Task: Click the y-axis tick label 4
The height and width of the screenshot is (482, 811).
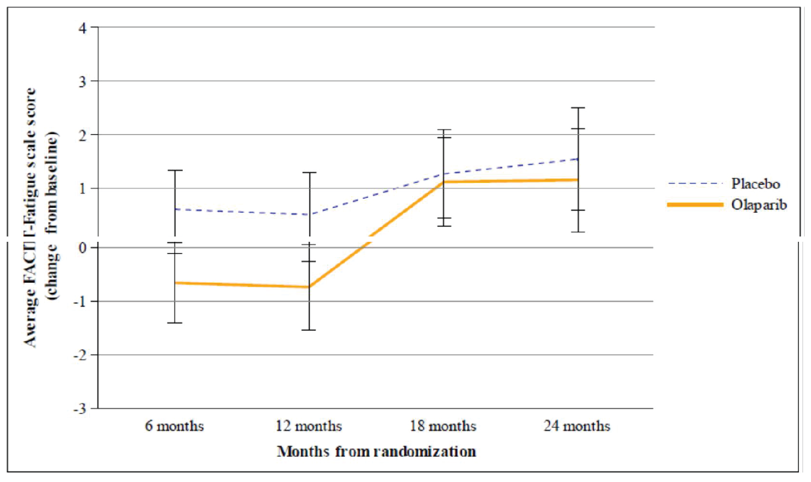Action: click(x=82, y=28)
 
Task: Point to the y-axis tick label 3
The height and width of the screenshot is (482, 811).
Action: click(x=82, y=82)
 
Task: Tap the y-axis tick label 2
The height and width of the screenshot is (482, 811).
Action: click(x=82, y=135)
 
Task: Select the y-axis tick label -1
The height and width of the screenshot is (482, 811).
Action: click(x=80, y=301)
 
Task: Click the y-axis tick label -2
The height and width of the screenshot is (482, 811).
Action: click(x=80, y=355)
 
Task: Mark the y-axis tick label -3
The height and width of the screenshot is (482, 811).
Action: click(x=80, y=409)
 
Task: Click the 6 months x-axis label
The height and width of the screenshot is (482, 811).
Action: click(x=174, y=426)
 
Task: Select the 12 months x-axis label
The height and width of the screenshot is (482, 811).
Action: click(x=308, y=426)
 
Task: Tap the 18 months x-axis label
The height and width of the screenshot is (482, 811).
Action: click(x=443, y=426)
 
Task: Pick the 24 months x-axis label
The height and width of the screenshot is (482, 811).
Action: click(x=577, y=426)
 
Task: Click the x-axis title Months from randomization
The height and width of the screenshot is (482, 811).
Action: click(x=376, y=452)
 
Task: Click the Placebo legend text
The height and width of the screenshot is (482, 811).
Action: click(x=755, y=184)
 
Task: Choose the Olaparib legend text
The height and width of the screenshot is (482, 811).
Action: click(x=759, y=205)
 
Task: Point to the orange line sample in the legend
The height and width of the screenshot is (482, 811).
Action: click(x=695, y=205)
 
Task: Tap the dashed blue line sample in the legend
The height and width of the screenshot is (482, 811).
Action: click(x=695, y=184)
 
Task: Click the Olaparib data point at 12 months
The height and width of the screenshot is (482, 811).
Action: click(x=309, y=287)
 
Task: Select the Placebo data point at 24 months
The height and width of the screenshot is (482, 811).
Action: click(x=578, y=159)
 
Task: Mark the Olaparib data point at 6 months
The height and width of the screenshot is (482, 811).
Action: click(x=175, y=283)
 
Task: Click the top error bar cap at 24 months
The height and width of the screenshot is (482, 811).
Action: click(x=578, y=108)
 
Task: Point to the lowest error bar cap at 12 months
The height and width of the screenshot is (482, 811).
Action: click(x=309, y=330)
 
